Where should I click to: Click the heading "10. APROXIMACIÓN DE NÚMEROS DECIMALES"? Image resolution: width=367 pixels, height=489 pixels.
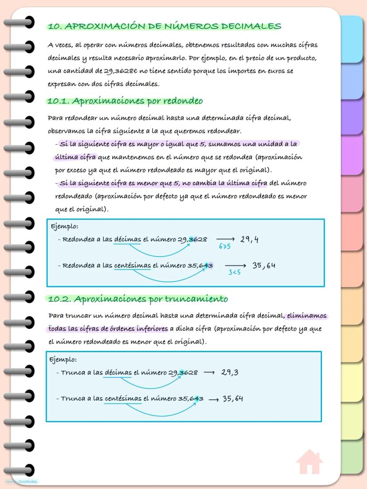(164, 27)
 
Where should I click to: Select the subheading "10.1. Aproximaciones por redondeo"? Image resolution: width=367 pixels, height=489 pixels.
(125, 101)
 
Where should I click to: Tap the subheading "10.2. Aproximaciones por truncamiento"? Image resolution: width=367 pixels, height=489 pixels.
(137, 299)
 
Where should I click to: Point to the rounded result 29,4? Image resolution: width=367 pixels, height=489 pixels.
(250, 240)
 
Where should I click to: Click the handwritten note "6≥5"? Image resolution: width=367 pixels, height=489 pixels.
(225, 246)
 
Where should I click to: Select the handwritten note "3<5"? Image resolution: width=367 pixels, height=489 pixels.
(234, 272)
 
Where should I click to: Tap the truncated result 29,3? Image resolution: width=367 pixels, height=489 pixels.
(230, 372)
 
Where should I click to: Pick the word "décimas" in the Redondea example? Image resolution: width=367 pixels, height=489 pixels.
(127, 240)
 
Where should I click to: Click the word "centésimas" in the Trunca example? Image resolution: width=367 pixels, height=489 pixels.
(123, 399)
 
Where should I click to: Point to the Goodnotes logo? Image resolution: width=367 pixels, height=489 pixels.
(22, 481)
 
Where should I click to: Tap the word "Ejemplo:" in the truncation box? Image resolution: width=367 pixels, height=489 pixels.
(63, 360)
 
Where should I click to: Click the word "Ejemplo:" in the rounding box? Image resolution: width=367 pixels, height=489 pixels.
(65, 227)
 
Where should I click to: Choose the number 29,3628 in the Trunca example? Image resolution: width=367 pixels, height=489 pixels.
(183, 373)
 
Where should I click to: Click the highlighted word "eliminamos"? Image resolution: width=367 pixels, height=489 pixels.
(307, 316)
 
